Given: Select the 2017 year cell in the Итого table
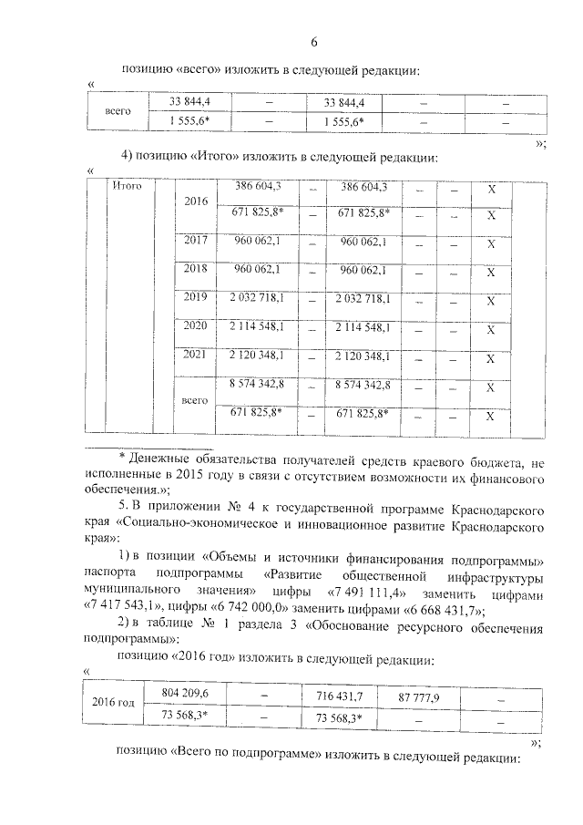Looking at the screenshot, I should point(196,242).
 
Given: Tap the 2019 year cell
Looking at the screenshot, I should point(196,298).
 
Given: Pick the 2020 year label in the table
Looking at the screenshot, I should point(196,326).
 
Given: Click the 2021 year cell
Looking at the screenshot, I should point(196,355).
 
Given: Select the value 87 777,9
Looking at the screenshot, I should point(419,697).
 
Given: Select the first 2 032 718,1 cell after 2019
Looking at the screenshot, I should point(257,298).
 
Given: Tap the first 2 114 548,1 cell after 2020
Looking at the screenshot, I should point(257,326).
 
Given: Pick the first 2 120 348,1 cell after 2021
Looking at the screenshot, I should point(257,355).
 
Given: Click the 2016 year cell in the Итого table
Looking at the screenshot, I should point(196,201).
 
